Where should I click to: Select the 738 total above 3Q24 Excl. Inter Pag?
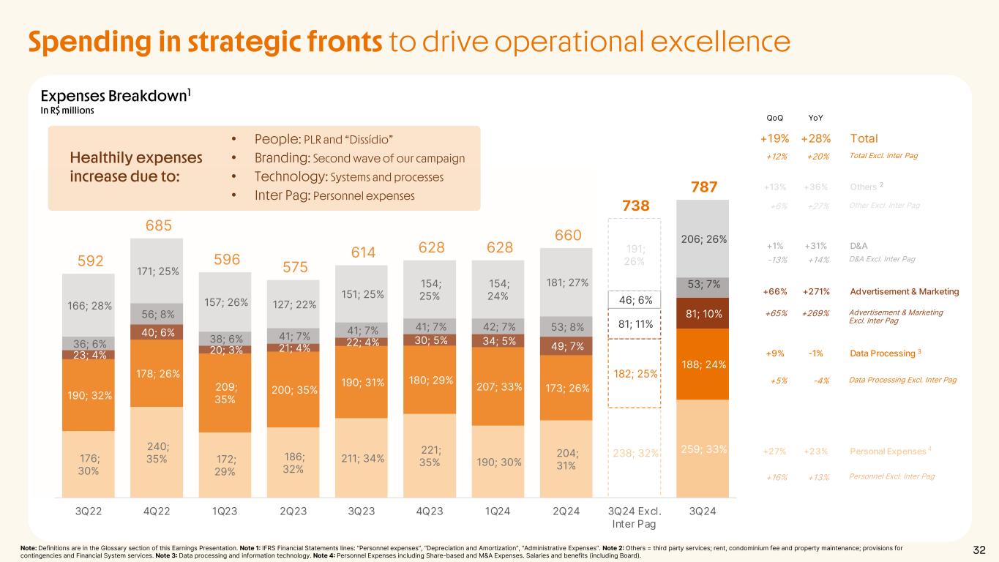coord(635,206)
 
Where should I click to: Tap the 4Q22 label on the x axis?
coord(157,511)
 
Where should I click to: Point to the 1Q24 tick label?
coord(498,511)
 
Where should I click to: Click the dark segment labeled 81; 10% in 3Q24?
coord(703,313)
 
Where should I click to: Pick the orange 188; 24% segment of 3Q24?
coord(703,364)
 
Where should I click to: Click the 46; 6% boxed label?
coord(635,299)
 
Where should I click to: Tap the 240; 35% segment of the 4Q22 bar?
coord(157,452)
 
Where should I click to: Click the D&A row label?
coord(860,244)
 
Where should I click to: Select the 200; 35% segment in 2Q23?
coord(293,389)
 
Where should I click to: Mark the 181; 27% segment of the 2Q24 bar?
coord(566,282)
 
